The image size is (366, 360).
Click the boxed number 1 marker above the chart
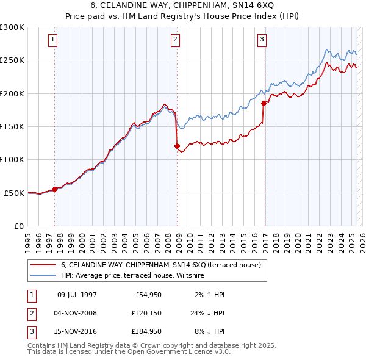tap(53, 40)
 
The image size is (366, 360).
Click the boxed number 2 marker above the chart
tap(175, 40)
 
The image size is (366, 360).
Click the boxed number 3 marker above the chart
tap(262, 40)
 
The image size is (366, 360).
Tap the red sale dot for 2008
tap(177, 146)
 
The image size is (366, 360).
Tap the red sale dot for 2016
tap(264, 103)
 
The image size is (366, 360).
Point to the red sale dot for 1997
tap(54, 189)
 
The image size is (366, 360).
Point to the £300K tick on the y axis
tap(12, 27)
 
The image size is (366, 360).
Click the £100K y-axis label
tap(12, 159)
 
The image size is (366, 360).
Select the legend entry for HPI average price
tap(132, 276)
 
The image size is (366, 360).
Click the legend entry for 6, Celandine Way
tap(160, 265)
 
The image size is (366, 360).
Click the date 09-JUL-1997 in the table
tap(77, 295)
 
